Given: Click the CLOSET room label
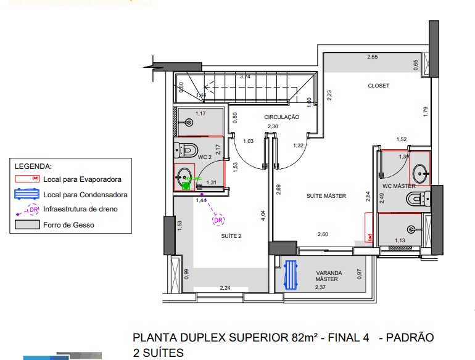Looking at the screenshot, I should coord(378,86).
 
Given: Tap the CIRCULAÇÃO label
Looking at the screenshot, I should coord(281,117).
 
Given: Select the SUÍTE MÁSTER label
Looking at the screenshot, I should coord(326,196).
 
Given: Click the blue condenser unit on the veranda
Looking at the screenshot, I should coord(291,274).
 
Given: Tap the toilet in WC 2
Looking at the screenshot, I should coord(186,150).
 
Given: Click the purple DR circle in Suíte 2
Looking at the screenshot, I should coord(217,219).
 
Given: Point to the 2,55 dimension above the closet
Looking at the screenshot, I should coord(372,57).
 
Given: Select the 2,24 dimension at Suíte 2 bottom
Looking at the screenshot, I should coord(225,288).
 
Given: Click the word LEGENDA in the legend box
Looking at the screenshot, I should coord(33,166).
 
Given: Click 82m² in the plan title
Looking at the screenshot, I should coord(304,338).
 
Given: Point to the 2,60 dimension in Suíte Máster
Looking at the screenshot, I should coord(323,234).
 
